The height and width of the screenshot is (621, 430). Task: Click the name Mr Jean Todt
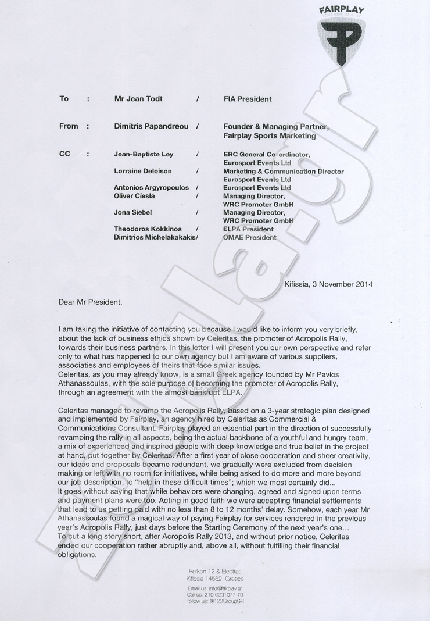[138, 99]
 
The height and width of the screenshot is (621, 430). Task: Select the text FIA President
[248, 99]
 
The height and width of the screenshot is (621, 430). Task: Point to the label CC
[64, 154]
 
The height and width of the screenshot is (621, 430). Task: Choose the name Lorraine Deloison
[144, 172]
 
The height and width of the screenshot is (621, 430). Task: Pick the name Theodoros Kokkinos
[149, 229]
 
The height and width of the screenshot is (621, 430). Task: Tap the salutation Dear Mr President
[91, 302]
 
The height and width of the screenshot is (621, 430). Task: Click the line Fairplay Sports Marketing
[270, 136]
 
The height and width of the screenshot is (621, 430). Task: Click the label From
[69, 126]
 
